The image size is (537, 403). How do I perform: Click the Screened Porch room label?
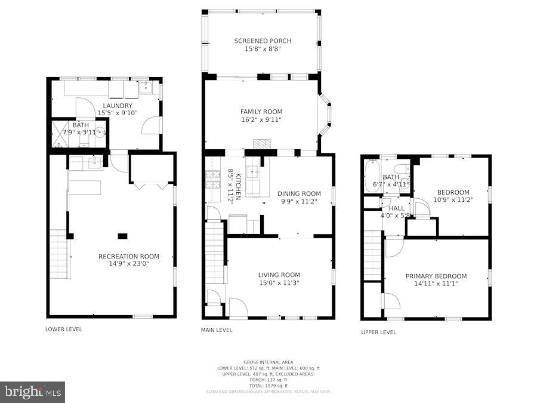263,41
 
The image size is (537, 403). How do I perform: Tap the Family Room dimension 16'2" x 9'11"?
261,120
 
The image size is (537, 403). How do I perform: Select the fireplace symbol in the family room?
261,144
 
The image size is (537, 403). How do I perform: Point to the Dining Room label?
299,193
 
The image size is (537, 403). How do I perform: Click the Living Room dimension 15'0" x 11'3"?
279,283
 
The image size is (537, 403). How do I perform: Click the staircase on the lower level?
59,254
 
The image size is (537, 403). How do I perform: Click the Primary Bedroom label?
436,276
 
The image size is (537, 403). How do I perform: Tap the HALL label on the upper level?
396,208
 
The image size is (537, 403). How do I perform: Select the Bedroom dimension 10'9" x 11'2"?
453,200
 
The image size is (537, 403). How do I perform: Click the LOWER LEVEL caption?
64,329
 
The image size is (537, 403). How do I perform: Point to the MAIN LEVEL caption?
217,330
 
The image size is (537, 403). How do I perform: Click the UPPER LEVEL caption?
378,332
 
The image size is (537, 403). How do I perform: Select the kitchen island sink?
253,174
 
